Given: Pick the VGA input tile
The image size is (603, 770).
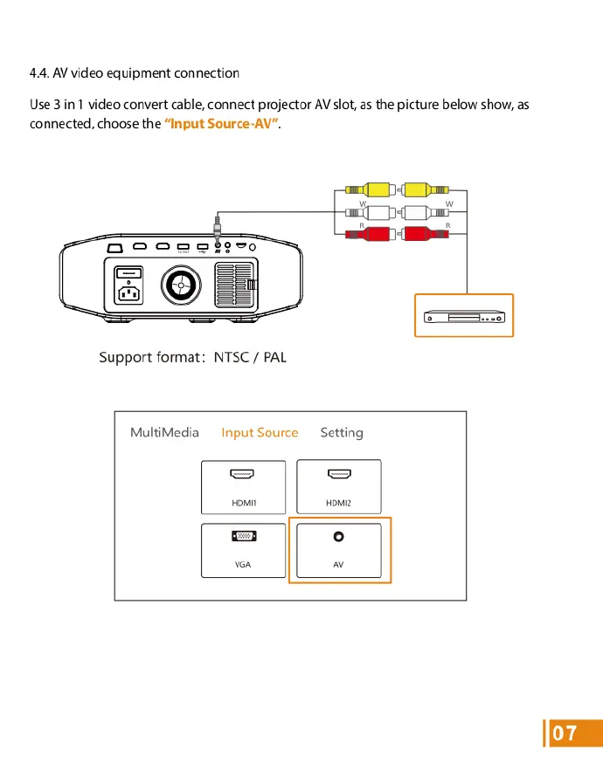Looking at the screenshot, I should tap(243, 550).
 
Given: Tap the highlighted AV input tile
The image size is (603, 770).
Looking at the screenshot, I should tap(339, 550).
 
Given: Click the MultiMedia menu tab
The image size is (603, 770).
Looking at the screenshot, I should tap(164, 432).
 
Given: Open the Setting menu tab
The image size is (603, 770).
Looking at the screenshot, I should tap(342, 432).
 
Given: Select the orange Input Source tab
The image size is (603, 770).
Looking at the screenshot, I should tap(260, 432).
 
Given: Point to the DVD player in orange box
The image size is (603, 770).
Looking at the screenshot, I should tap(463, 316).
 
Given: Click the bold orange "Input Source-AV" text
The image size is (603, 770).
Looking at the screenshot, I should tap(220, 124).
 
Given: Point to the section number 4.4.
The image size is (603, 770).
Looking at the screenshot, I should tap(40, 72).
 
